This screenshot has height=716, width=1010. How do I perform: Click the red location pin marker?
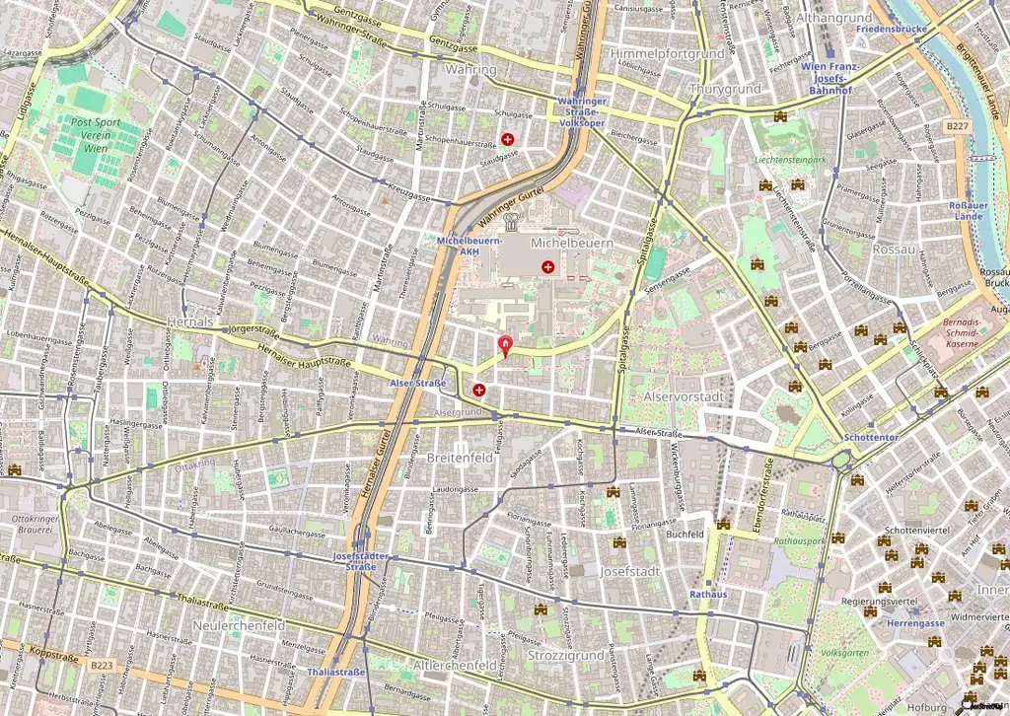pyautogui.click(x=507, y=346)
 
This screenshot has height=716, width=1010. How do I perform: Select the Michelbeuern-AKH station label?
pyautogui.click(x=469, y=246)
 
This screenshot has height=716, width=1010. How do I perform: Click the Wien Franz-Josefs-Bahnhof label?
pyautogui.click(x=831, y=78)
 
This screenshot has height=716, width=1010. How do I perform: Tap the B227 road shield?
pyautogui.click(x=955, y=127)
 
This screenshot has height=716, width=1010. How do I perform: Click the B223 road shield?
pyautogui.click(x=102, y=667)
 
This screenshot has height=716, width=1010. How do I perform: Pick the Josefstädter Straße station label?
pyautogui.click(x=361, y=561)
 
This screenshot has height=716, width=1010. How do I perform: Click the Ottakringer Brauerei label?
pyautogui.click(x=37, y=524)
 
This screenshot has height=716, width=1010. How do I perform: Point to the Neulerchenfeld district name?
pyautogui.click(x=240, y=625)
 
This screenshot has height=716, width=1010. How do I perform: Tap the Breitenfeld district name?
pyautogui.click(x=459, y=459)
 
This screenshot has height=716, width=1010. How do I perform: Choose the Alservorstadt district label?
pyautogui.click(x=684, y=395)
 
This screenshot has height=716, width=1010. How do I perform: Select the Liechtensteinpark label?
pyautogui.click(x=788, y=158)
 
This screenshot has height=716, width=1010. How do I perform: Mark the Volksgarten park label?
pyautogui.click(x=845, y=653)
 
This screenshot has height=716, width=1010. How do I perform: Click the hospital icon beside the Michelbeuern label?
pyautogui.click(x=547, y=266)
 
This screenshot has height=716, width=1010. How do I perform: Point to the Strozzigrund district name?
pyautogui.click(x=566, y=655)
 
